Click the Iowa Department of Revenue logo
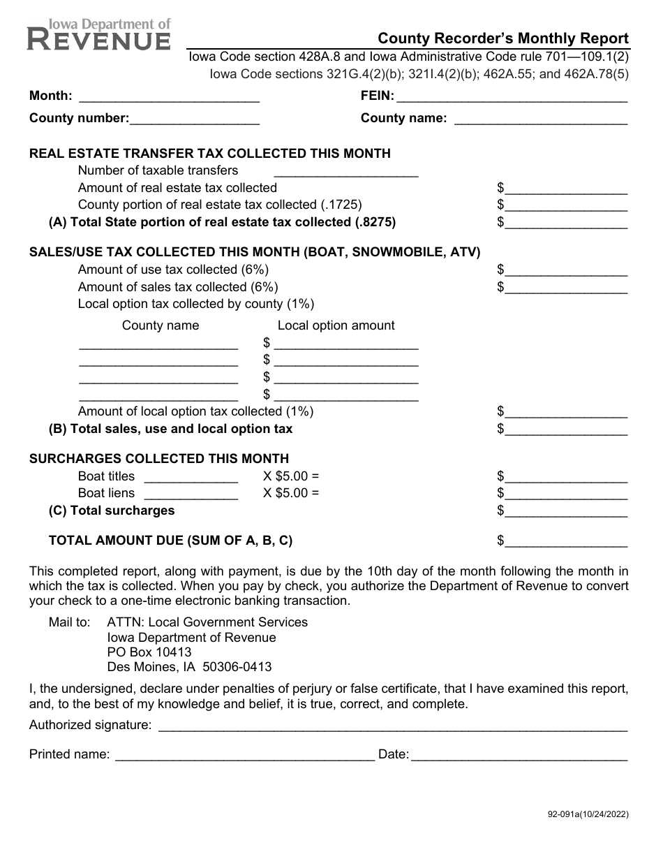point(99,34)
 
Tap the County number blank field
point(195,119)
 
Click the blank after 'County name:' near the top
point(541,119)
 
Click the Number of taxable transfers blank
point(347,171)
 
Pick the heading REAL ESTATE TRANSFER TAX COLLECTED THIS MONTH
point(209,154)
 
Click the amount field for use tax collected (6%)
point(565,270)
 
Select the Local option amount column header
point(336,325)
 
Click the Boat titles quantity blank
point(191,477)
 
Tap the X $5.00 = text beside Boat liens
point(291,493)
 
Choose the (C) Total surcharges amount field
point(565,511)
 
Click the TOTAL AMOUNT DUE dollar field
point(565,541)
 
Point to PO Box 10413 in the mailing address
point(149,652)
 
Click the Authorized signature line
point(393,726)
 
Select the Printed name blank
point(244,755)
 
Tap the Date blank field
point(519,755)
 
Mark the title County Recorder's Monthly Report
point(503,39)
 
